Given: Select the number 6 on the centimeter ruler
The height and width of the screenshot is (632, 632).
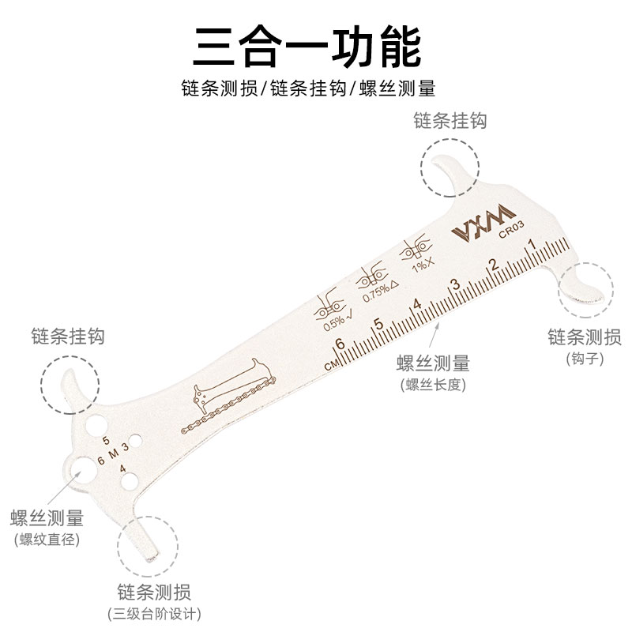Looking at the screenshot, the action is tap(339, 344).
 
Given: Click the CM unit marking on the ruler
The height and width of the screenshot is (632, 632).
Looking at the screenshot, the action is tap(330, 365).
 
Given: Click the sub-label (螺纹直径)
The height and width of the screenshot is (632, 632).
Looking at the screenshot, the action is tap(47, 540).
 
